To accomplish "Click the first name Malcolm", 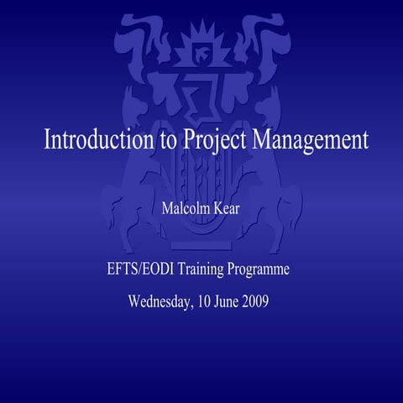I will click(x=187, y=208).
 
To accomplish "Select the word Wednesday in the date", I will click(x=164, y=301).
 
